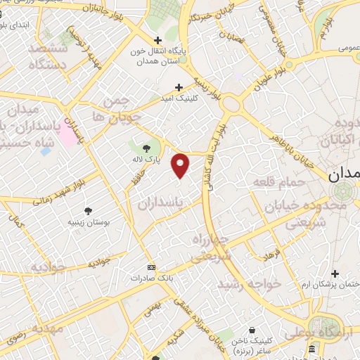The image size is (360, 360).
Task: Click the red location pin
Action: pyautogui.click(x=181, y=165)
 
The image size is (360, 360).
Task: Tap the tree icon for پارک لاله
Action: pyautogui.click(x=146, y=148)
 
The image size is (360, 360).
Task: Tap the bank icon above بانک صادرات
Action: pyautogui.click(x=150, y=268)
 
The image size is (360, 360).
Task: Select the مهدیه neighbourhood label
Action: pyautogui.click(x=37, y=328)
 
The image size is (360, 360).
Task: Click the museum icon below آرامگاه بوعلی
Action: pyautogui.click(x=311, y=349)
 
